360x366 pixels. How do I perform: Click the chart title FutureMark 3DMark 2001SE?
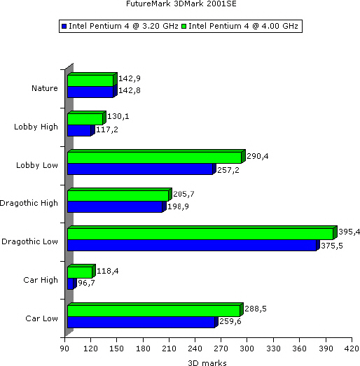click(181, 3)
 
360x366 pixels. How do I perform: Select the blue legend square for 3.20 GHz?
click(64, 26)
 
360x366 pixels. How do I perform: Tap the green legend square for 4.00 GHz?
click(184, 26)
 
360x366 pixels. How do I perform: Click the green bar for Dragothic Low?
click(200, 234)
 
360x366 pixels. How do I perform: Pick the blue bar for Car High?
click(70, 283)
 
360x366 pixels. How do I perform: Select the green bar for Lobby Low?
click(154, 157)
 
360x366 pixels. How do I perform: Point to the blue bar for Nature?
click(90, 92)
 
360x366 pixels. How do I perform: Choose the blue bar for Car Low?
click(141, 322)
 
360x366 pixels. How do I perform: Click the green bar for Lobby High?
click(85, 119)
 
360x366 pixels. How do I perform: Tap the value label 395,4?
click(349, 232)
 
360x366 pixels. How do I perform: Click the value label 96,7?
click(86, 283)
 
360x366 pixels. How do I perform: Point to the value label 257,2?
click(228, 170)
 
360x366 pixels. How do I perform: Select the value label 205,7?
click(184, 194)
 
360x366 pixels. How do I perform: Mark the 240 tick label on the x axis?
click(195, 349)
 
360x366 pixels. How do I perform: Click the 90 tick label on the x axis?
click(64, 349)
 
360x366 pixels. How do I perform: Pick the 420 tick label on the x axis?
click(352, 349)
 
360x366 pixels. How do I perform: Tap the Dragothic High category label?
click(29, 203)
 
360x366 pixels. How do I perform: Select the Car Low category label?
click(41, 318)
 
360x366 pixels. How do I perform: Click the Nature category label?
click(45, 88)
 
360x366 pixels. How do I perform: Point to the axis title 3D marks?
click(207, 363)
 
